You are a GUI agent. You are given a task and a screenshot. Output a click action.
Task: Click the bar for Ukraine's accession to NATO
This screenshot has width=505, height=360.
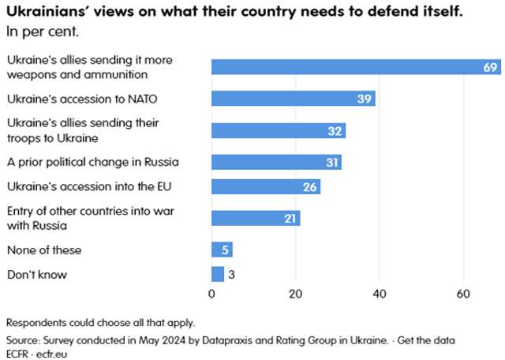[293, 99]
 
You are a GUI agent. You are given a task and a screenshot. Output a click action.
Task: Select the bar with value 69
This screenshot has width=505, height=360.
[355, 67]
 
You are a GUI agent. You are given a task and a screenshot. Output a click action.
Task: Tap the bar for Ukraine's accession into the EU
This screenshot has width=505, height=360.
[266, 186]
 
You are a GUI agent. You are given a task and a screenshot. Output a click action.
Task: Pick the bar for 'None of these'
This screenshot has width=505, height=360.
[222, 250]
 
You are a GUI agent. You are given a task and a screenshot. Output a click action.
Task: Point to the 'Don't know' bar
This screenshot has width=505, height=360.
[218, 274]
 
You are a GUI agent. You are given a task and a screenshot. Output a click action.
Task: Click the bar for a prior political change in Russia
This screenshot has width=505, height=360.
[276, 162]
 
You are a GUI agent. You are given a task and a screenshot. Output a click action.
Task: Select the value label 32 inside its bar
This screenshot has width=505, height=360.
[335, 130]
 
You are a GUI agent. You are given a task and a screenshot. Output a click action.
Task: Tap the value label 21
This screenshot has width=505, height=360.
[290, 218]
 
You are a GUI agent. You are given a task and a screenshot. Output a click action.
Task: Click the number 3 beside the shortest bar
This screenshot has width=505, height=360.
[232, 274]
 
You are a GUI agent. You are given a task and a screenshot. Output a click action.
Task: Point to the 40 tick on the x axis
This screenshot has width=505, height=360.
[380, 295]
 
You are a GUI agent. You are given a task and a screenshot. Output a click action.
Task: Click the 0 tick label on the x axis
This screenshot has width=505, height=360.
[211, 295]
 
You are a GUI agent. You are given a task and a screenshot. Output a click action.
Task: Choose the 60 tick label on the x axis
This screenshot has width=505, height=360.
[463, 295]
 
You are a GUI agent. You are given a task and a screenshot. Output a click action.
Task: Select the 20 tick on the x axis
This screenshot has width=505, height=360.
[295, 295]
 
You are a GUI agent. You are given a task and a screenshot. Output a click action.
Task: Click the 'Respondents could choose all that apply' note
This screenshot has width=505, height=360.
[89, 322]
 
